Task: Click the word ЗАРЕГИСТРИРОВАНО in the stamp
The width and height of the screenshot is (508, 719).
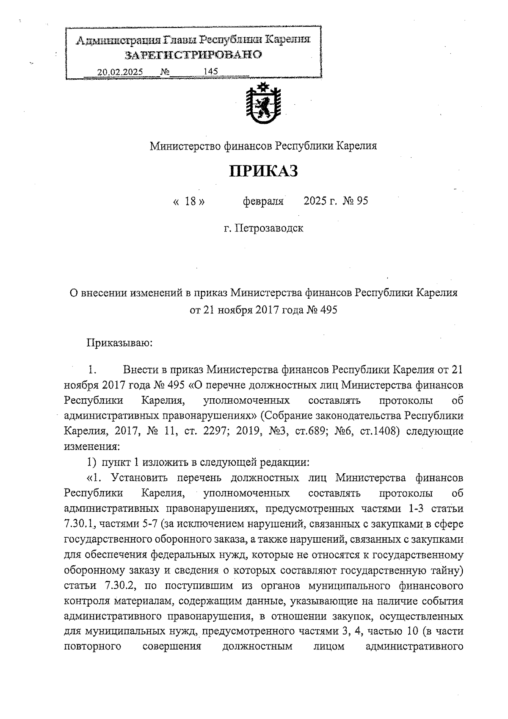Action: pyautogui.click(x=193, y=55)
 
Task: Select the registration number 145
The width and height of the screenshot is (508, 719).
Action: pyautogui.click(x=210, y=71)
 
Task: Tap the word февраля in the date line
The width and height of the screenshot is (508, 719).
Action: pyautogui.click(x=263, y=201)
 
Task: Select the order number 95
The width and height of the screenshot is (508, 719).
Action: pyautogui.click(x=362, y=201)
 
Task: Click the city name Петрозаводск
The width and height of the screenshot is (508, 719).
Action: pyautogui.click(x=269, y=228)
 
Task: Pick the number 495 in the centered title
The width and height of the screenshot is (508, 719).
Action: pyautogui.click(x=329, y=310)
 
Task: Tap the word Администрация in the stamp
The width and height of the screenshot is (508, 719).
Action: pyautogui.click(x=114, y=41)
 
